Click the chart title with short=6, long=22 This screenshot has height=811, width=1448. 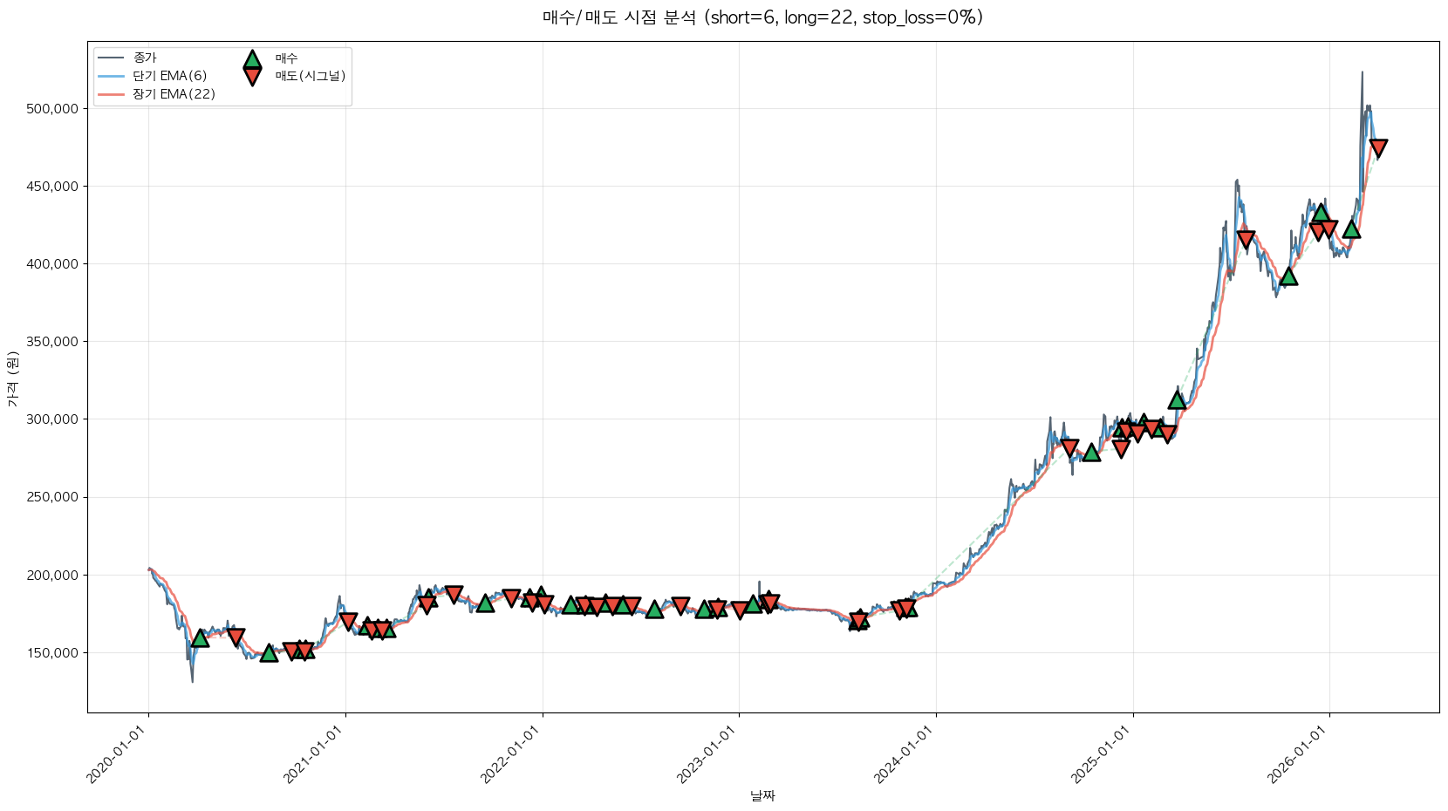762,17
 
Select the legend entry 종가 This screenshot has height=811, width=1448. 145,58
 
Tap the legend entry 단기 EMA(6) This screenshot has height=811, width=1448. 169,76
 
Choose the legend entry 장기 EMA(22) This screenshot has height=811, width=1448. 174,94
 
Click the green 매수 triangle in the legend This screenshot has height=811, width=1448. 252,59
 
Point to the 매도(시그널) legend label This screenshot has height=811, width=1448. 311,76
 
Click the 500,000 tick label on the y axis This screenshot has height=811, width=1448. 53,109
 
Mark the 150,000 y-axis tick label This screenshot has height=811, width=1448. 53,653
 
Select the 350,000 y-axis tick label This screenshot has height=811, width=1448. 53,342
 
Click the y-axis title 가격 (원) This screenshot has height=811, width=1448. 12,378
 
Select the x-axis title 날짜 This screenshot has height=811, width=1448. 762,795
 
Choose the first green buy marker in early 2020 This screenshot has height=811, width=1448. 200,637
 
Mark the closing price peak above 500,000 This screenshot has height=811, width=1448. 1362,73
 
